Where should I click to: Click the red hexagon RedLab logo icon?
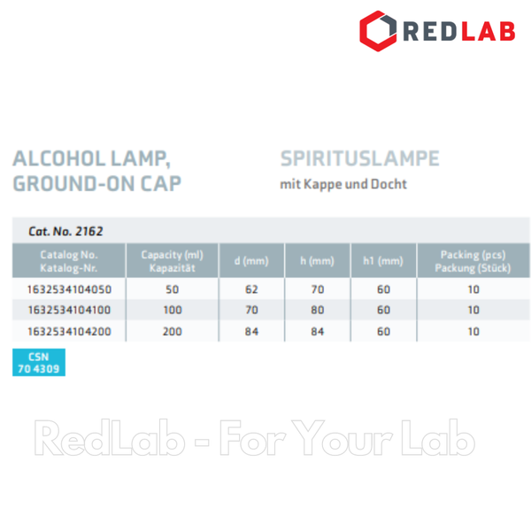pyautogui.click(x=378, y=31)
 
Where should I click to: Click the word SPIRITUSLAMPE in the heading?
pyautogui.click(x=359, y=158)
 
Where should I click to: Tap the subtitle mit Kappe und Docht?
pyautogui.click(x=343, y=184)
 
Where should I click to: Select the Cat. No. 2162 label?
pyautogui.click(x=65, y=231)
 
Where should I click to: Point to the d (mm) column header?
pyautogui.click(x=251, y=261)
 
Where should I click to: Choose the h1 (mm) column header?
pyautogui.click(x=383, y=261)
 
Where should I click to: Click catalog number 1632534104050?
pyautogui.click(x=69, y=289)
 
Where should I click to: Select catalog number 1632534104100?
pyautogui.click(x=69, y=310)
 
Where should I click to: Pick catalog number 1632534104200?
pyautogui.click(x=69, y=331)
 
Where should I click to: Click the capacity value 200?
pyautogui.click(x=172, y=331)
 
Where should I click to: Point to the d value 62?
pyautogui.click(x=251, y=289)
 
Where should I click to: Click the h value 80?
pyautogui.click(x=318, y=310)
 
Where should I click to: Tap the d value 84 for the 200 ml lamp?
pyautogui.click(x=251, y=331)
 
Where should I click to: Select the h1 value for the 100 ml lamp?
pyautogui.click(x=383, y=310)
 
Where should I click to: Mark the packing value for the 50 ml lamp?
pyautogui.click(x=473, y=289)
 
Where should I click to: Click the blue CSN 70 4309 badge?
pyautogui.click(x=39, y=362)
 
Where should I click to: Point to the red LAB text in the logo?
pyautogui.click(x=489, y=31)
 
